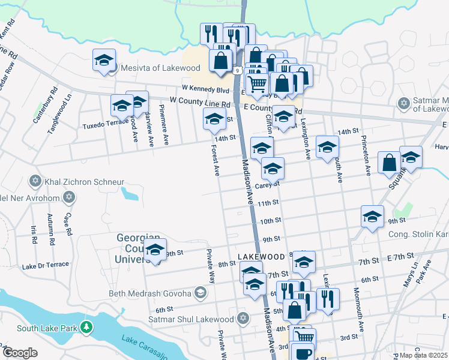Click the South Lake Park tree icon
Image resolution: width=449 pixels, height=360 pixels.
88,328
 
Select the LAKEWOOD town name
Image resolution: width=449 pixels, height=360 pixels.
261,256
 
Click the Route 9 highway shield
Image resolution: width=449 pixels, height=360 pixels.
238,71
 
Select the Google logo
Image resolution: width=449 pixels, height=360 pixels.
20,353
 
